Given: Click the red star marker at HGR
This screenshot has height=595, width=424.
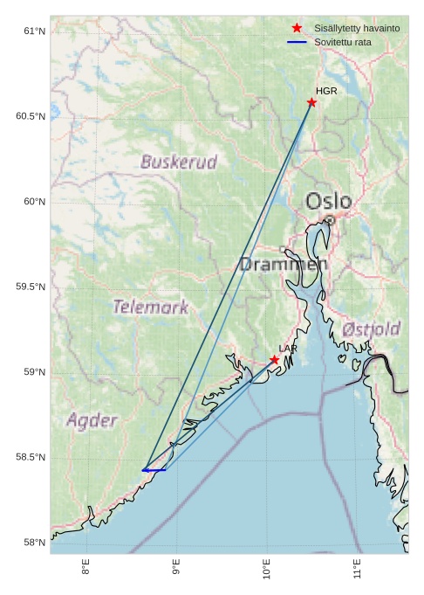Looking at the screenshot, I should (x=311, y=102).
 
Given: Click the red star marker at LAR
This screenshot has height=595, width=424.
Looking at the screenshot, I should (x=274, y=360).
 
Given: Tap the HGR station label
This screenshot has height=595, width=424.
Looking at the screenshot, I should (x=326, y=91).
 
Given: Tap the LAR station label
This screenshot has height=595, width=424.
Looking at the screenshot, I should (x=288, y=349).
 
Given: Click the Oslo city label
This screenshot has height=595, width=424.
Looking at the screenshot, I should (x=328, y=202).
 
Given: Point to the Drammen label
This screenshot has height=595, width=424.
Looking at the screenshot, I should (x=284, y=264).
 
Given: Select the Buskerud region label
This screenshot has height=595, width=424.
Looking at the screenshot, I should (x=178, y=162).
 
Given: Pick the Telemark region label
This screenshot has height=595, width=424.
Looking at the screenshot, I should (x=150, y=307).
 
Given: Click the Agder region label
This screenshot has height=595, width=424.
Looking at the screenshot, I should (x=92, y=420).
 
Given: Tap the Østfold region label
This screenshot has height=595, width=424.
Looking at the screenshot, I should (x=372, y=329).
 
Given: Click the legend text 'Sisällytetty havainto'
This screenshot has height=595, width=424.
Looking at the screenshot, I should (x=357, y=29).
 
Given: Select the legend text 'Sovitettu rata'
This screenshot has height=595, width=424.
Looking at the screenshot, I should (x=348, y=42).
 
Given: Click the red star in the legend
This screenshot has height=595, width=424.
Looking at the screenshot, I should (x=297, y=29).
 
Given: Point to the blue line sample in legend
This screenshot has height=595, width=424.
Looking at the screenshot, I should (x=297, y=42).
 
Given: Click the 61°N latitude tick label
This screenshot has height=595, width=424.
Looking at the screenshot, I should (x=34, y=31).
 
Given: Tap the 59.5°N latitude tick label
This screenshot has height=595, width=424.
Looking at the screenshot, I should (x=31, y=287).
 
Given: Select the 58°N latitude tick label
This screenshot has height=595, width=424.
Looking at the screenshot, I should (x=34, y=543).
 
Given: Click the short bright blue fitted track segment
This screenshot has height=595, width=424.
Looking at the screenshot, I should (x=154, y=470).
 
